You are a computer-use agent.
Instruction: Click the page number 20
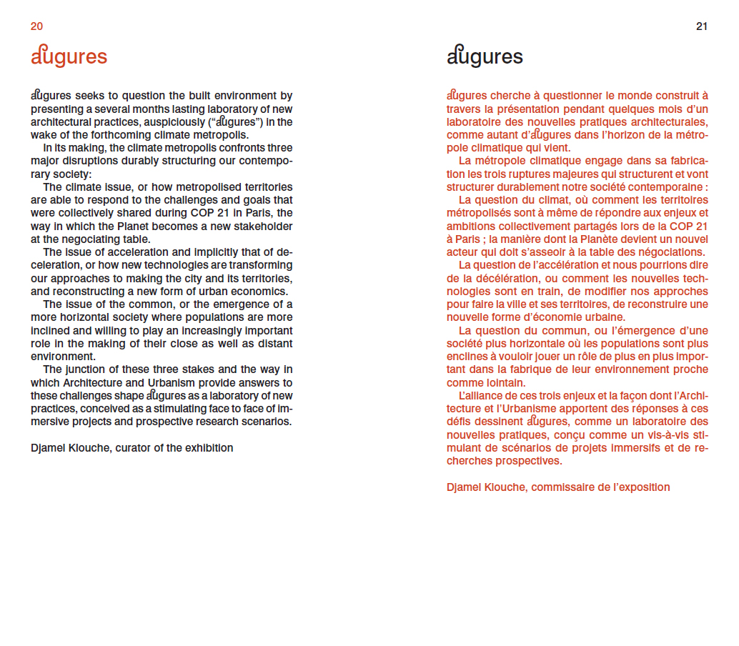point(36,26)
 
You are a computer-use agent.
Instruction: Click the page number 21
point(701,26)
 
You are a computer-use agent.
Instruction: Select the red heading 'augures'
point(69,57)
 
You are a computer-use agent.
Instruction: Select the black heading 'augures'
point(485,57)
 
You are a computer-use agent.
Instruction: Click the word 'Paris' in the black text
point(239,214)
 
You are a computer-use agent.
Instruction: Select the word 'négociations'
point(668,252)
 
